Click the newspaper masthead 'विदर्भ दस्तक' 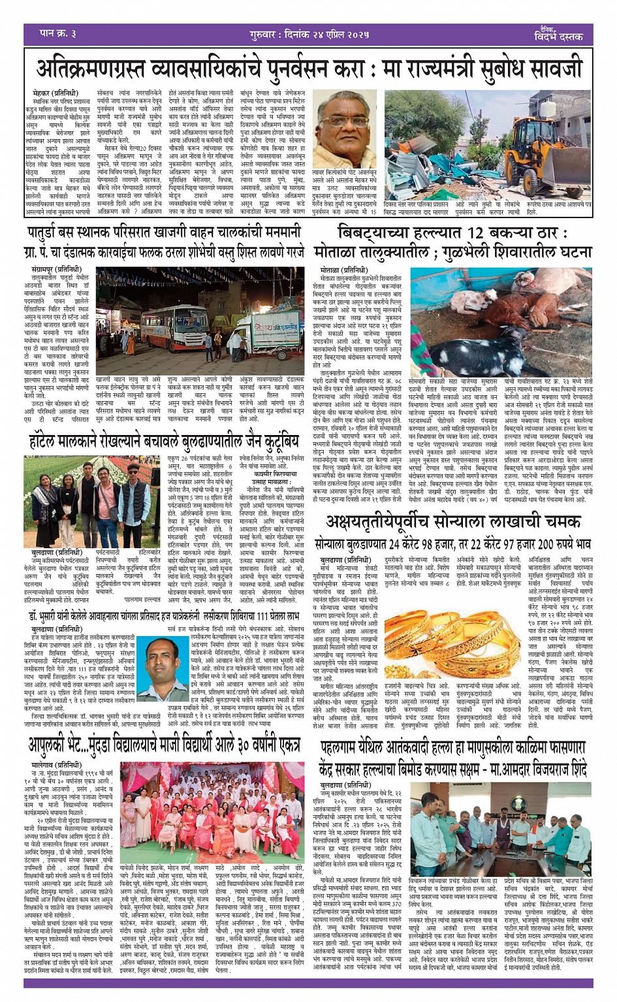click(557, 37)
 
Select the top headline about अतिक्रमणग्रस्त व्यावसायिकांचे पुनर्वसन click(308, 67)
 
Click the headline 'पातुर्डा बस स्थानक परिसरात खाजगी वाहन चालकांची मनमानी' click(164, 231)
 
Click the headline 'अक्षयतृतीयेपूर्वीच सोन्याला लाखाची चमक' click(453, 523)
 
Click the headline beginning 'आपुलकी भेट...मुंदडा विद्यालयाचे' click(164, 744)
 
